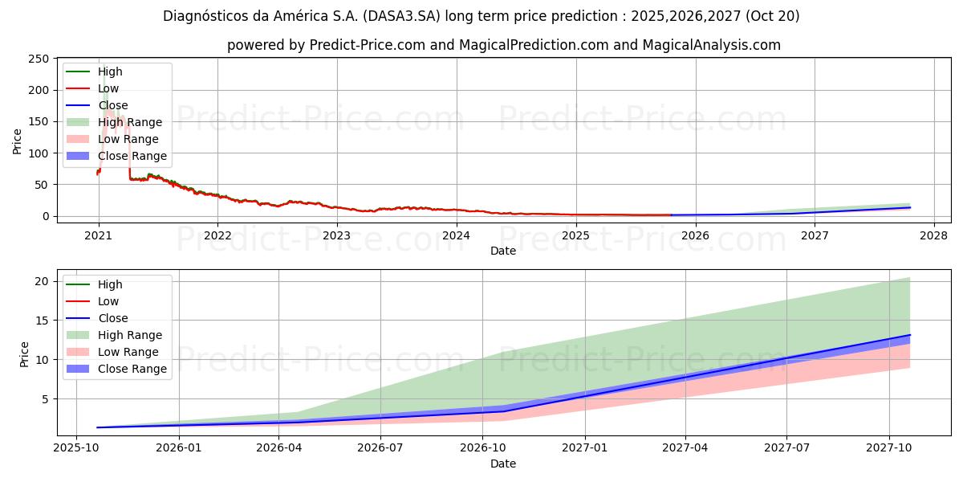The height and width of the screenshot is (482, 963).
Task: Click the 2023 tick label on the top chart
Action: [x=336, y=235]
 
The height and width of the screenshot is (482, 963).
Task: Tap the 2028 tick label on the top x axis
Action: [x=933, y=235]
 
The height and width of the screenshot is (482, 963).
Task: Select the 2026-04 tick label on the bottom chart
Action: [x=278, y=448]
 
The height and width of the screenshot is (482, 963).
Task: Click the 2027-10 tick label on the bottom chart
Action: [x=888, y=448]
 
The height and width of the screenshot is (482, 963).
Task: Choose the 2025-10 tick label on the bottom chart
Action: [x=75, y=448]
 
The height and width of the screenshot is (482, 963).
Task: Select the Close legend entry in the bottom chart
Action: [x=113, y=318]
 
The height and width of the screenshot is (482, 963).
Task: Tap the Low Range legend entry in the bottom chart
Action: [x=128, y=352]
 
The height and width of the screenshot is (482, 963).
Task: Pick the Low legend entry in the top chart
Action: [x=108, y=88]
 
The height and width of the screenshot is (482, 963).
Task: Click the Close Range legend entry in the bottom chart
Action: [x=132, y=369]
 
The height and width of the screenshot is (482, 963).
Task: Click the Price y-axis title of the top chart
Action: [x=18, y=141]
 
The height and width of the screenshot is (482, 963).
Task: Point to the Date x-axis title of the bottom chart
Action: [x=503, y=464]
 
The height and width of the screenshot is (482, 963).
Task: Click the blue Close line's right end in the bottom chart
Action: [x=910, y=335]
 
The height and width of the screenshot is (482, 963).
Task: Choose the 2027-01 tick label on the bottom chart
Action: [x=585, y=448]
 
